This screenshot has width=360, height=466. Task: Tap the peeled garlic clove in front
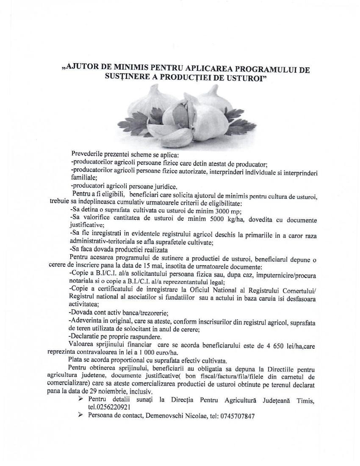coord(166,135)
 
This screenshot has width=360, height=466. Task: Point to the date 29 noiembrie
coord(106,391)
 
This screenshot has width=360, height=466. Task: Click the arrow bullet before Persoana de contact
coord(80,416)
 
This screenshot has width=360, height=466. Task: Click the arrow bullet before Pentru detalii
coord(80,399)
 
